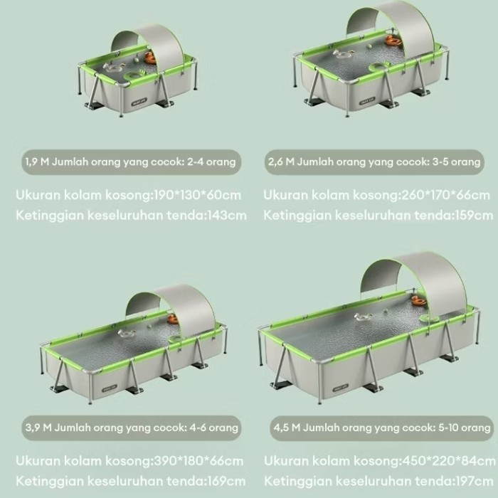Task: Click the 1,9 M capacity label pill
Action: (x=130, y=162)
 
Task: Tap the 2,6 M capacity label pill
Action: (x=374, y=162)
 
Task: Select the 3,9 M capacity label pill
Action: (x=130, y=428)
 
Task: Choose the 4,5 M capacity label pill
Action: (x=381, y=428)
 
